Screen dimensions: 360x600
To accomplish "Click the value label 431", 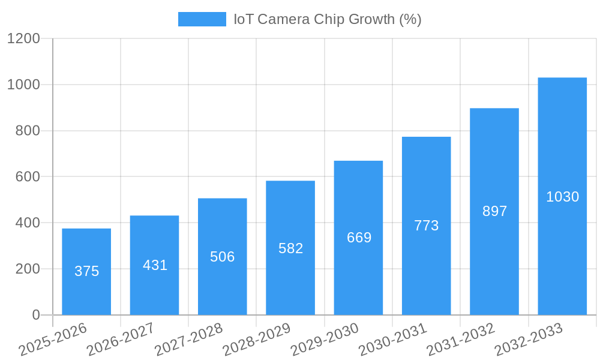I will (x=155, y=265).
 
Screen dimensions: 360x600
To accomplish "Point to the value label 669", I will (x=359, y=238).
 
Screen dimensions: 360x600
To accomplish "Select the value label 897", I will (x=495, y=211).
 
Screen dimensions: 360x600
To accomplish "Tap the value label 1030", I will (x=562, y=197).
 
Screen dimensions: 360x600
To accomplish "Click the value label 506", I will (x=223, y=257).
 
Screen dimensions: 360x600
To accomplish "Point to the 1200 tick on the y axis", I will (x=23, y=39).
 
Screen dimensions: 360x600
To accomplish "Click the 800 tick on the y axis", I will (x=27, y=131).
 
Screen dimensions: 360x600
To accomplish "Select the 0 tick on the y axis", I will (x=35, y=315).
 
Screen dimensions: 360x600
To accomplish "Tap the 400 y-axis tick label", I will (x=27, y=223).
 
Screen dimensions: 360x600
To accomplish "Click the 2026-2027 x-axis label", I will (x=121, y=340).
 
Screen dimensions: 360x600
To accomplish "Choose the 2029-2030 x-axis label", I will (x=325, y=340).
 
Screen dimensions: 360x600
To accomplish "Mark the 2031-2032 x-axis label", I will (x=461, y=340).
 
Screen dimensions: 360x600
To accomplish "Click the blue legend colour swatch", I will (x=202, y=19).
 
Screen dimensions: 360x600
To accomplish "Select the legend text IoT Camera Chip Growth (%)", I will (x=328, y=19).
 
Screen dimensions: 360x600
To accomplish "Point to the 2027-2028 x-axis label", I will (x=188, y=340).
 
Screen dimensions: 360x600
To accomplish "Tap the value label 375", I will (x=87, y=271).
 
